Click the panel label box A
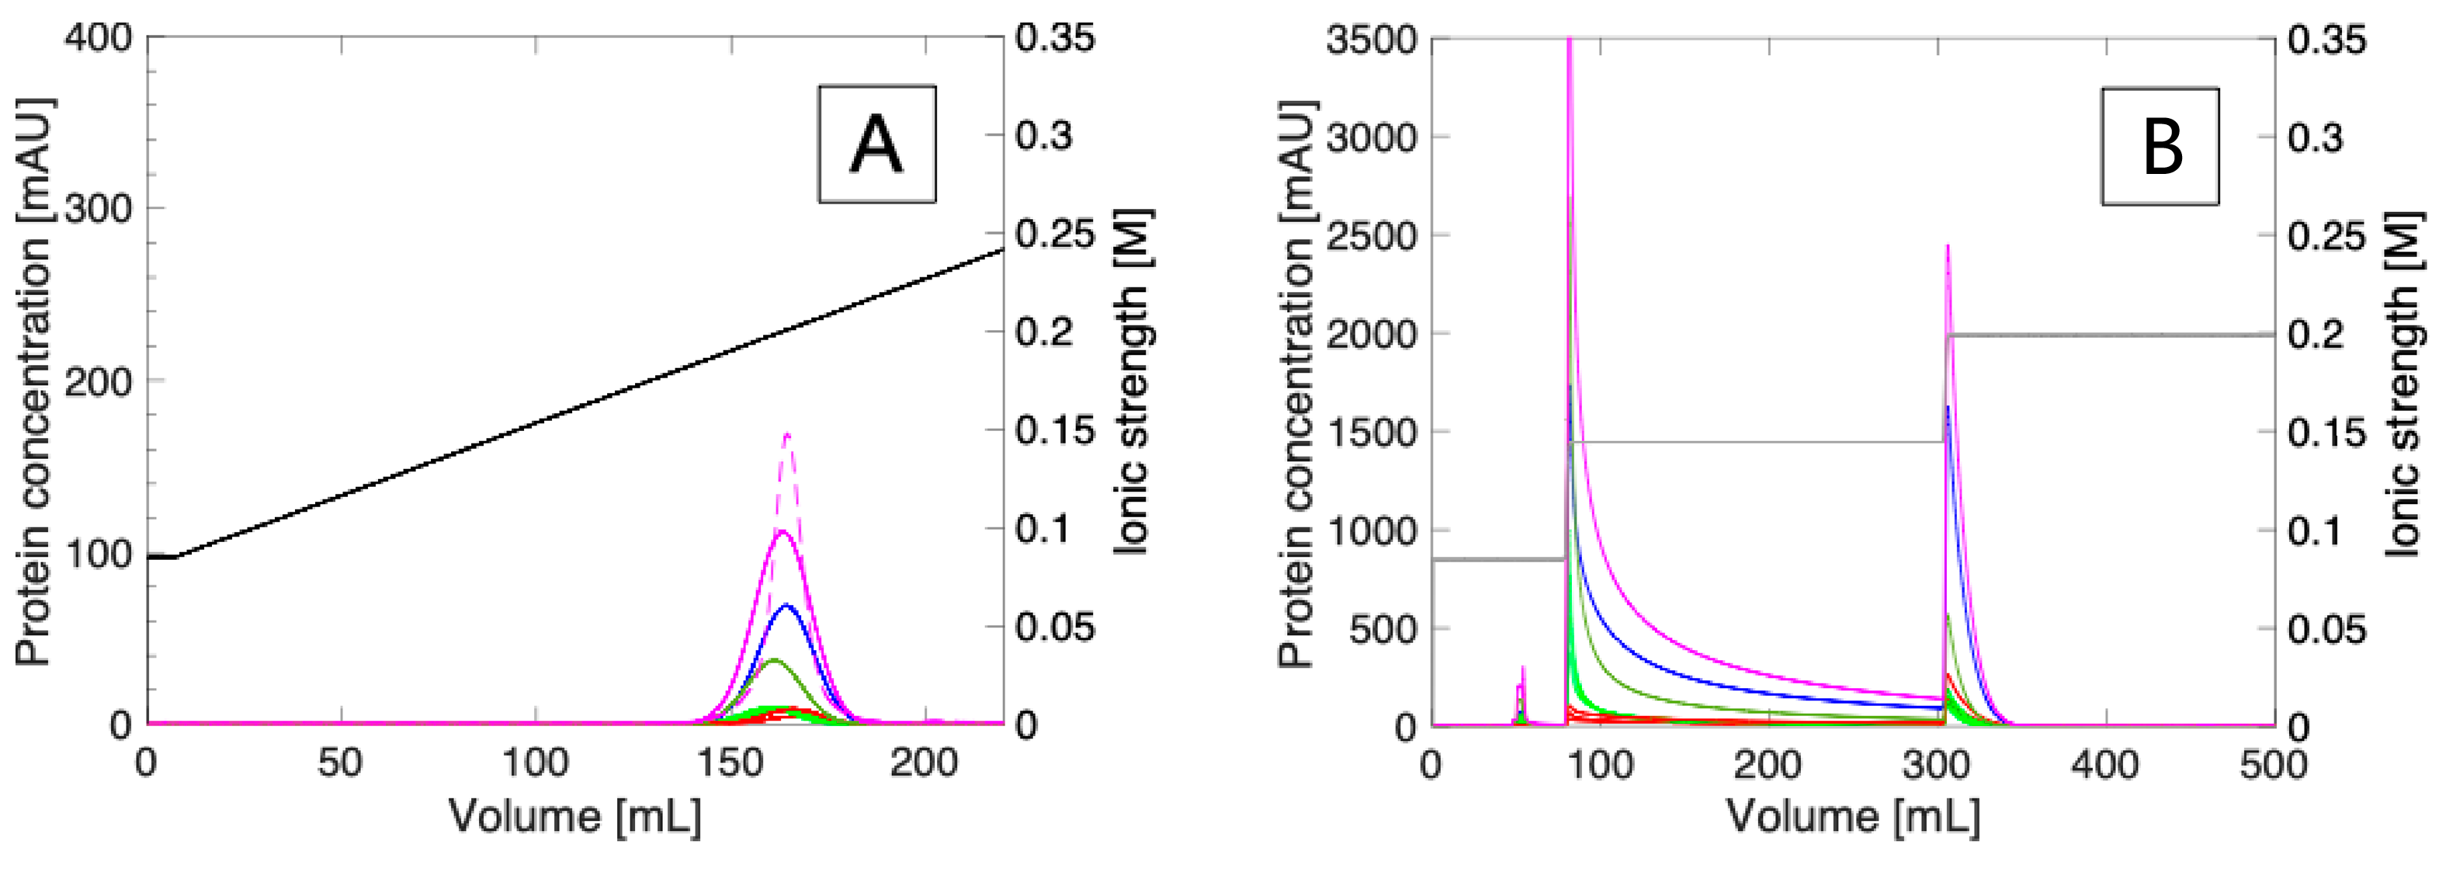(x=876, y=144)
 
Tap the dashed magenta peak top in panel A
(x=787, y=435)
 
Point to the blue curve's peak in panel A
(x=786, y=605)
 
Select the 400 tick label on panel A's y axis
(x=98, y=38)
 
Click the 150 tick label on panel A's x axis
(x=729, y=763)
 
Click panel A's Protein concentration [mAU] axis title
(x=34, y=380)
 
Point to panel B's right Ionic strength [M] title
(x=2407, y=380)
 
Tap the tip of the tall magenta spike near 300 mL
(x=1948, y=246)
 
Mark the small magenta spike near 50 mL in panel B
(x=1522, y=669)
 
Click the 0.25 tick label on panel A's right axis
(x=1054, y=235)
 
